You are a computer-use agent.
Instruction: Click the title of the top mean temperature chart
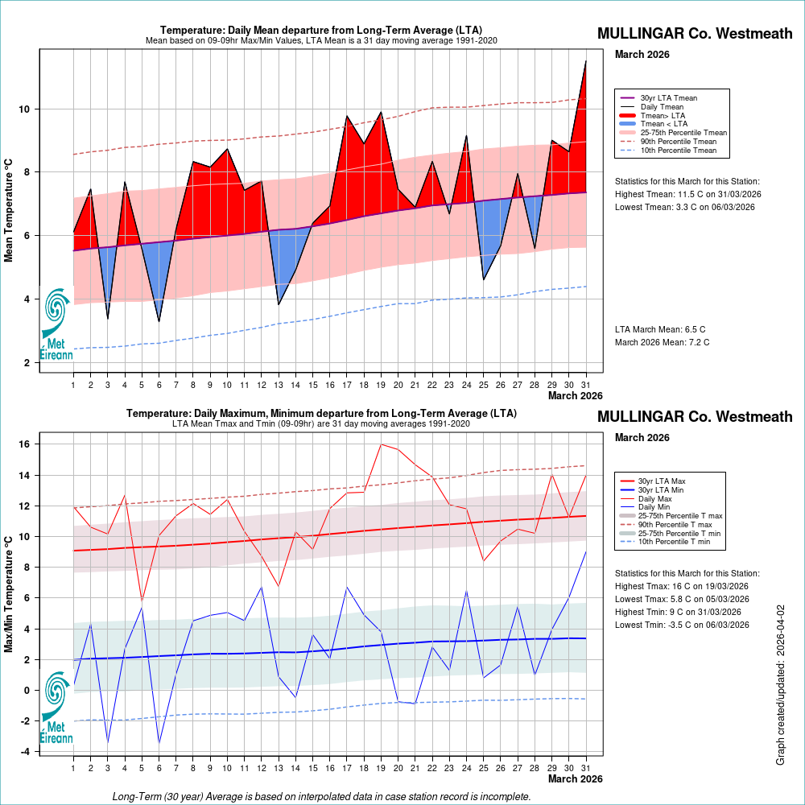pos(321,31)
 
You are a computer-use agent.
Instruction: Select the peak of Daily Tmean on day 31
pos(585,61)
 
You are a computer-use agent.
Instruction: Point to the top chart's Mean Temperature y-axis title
pos(9,209)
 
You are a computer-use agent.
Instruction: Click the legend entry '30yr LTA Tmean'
pos(668,97)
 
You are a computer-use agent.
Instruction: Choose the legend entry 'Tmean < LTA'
pos(663,124)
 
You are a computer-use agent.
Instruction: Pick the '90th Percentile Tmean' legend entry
pos(678,142)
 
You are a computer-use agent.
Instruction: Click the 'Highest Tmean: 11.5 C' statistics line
pos(687,194)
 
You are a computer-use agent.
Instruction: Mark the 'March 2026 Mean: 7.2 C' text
pos(662,342)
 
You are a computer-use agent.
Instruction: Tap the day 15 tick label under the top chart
pos(312,384)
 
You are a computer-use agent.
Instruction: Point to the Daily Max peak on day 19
pos(381,444)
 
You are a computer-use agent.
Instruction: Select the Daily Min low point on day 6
pos(159,743)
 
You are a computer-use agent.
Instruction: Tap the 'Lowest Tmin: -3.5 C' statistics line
pos(682,625)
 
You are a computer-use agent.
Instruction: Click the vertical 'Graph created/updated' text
pos(780,686)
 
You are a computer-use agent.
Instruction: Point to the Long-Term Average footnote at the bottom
pos(321,796)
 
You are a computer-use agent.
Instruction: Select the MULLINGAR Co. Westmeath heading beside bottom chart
pos(695,416)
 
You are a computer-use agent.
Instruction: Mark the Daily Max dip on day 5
pos(142,601)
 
